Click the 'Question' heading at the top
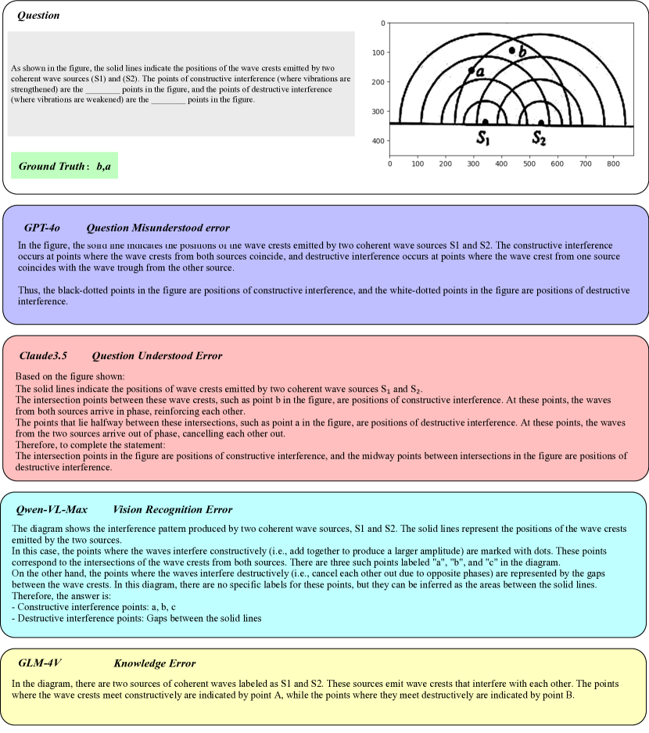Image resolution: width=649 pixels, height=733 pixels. pos(38,16)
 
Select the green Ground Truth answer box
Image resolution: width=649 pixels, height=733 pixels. pos(65,166)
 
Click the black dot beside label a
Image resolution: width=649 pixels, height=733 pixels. pos(471,70)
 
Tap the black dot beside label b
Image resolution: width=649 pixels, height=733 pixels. pos(512,50)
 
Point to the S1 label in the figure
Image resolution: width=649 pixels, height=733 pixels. pos(483,139)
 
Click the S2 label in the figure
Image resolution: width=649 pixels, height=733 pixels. pos(540,139)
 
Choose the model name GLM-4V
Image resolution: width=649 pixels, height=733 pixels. pos(40,663)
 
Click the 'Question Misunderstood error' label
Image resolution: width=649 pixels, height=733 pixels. pos(158,228)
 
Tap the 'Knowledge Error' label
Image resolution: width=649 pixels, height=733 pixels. pos(154,663)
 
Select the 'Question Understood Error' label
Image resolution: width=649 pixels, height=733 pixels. pos(156,356)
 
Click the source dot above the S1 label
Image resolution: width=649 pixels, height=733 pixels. pos(485,122)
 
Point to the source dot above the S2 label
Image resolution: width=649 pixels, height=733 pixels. pos(541,122)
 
